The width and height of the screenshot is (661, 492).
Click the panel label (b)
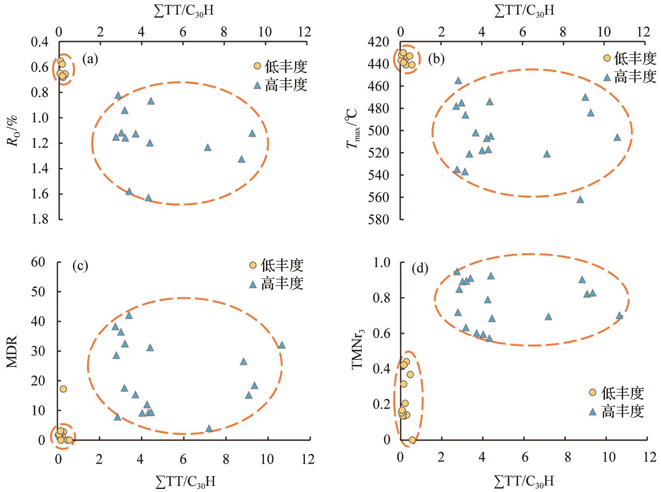pyautogui.click(x=436, y=59)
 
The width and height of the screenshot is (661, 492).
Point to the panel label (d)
pyautogui.click(x=420, y=269)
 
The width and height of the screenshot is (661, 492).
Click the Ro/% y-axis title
pyautogui.click(x=15, y=130)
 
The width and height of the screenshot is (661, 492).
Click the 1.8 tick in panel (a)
pyautogui.click(x=42, y=219)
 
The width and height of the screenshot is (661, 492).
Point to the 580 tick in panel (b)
pyautogui.click(x=379, y=219)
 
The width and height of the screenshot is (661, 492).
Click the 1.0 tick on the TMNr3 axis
pyautogui.click(x=380, y=262)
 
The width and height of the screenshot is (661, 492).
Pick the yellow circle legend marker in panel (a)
pyautogui.click(x=257, y=66)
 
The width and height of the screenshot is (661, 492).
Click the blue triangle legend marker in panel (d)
pyautogui.click(x=593, y=411)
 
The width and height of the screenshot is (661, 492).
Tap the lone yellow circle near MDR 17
pyautogui.click(x=63, y=389)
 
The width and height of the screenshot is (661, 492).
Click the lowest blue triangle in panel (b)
pyautogui.click(x=580, y=199)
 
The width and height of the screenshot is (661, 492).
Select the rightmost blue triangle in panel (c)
pyautogui.click(x=282, y=345)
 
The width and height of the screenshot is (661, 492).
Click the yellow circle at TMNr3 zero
pyautogui.click(x=412, y=440)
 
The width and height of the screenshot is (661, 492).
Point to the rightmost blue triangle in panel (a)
pyautogui.click(x=252, y=133)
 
